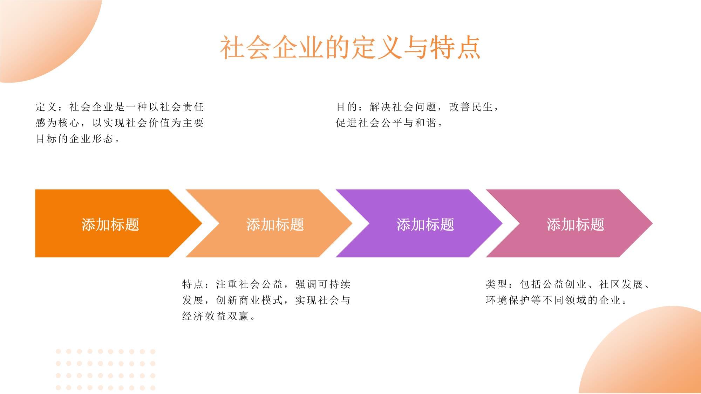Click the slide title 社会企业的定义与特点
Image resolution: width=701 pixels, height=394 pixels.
[350, 48]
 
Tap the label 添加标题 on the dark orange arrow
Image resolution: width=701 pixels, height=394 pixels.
[110, 224]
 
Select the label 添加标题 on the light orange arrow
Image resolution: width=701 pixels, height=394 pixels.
[275, 224]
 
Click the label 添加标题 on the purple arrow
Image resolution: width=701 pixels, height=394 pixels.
[425, 224]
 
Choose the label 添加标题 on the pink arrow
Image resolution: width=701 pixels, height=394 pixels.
[576, 224]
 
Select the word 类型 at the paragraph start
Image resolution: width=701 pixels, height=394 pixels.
[496, 284]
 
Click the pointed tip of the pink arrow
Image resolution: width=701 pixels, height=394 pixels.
[652, 223]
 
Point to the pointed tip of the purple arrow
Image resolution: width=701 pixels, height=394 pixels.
[502, 223]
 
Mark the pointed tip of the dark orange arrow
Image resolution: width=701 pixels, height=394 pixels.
[202, 223]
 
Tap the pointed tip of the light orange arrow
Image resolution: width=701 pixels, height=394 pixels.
[352, 223]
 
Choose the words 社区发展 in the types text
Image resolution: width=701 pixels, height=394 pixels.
[621, 284]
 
